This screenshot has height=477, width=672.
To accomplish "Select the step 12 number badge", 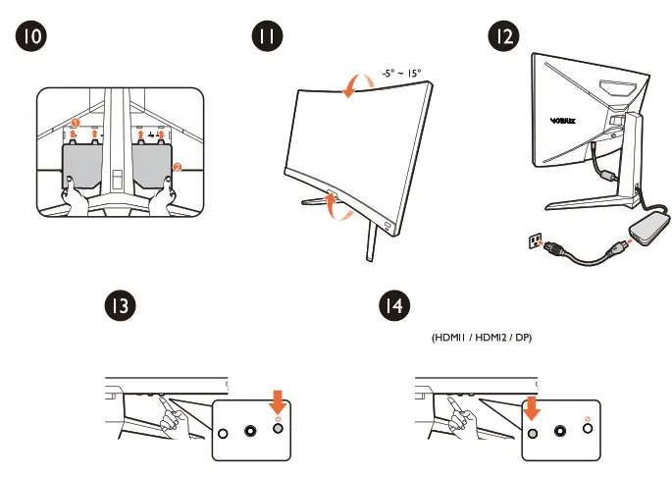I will [502, 36].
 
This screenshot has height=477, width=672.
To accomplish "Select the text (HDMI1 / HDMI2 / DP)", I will [488, 339].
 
